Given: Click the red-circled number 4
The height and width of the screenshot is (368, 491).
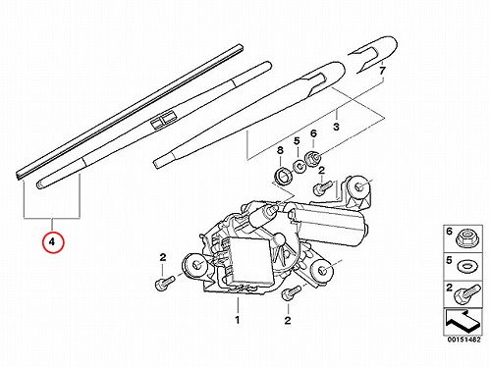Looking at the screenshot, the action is pos(52,242).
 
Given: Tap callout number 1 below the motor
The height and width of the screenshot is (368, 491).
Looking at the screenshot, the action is pos(238,320).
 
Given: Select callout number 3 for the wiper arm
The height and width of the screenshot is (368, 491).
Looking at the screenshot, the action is pos(336,127).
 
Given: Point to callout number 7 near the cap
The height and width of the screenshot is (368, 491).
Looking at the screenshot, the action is pos(382,71).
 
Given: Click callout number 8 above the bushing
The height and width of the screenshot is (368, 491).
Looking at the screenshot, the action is pos(280,151).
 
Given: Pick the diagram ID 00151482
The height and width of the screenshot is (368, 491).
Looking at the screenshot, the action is pos(464,340).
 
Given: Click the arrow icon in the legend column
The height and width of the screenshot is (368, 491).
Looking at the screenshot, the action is pos(463,321).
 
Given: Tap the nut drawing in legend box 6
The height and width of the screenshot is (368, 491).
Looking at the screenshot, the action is pos(468,238).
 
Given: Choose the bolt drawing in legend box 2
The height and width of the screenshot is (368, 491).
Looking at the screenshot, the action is pos(467,293).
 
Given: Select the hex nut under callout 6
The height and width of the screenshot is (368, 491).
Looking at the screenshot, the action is pos(312,159).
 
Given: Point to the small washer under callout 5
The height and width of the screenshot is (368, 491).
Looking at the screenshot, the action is pos(299,167).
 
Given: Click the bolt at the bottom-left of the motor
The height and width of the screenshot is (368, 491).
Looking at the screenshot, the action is pos(165,283).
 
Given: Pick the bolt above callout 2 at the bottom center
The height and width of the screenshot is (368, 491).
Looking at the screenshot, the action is pos(291,292).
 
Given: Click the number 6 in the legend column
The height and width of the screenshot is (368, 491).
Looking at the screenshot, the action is pos(449,232).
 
